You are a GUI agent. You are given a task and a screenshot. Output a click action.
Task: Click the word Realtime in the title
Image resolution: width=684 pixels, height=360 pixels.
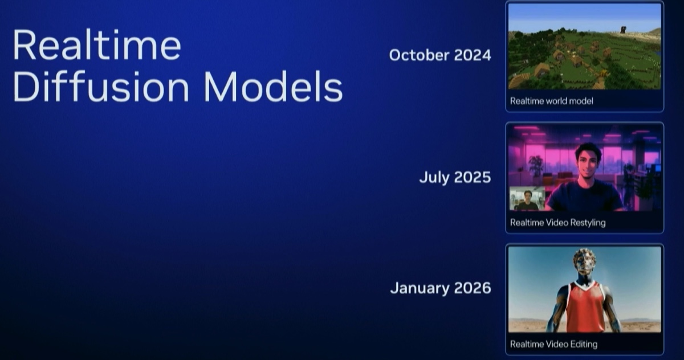pos(97,45)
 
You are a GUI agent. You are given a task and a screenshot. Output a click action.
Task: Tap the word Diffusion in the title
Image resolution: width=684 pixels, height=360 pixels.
pos(101,87)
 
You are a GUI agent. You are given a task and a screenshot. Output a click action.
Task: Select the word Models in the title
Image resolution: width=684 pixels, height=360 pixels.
pos(273,87)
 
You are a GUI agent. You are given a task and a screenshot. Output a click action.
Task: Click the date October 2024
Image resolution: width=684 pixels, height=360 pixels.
pos(440,55)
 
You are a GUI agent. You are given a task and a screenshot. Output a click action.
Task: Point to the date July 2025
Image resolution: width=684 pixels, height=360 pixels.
pos(455,177)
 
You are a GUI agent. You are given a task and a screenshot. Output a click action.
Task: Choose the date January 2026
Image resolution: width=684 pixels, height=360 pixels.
pos(441,288)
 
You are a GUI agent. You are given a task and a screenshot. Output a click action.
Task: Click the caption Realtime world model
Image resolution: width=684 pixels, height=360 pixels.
pos(552,101)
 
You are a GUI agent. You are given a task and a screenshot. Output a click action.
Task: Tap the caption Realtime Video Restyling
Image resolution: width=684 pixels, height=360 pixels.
pos(557,223)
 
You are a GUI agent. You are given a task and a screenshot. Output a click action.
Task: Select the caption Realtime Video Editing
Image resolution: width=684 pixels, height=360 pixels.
pos(553,345)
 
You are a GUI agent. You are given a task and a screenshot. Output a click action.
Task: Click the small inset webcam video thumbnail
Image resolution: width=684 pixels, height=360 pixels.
pos(527,199)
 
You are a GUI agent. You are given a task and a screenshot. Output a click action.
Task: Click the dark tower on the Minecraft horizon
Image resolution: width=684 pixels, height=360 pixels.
pos(623,30)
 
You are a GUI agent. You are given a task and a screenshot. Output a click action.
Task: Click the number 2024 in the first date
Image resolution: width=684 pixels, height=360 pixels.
pos(473,55)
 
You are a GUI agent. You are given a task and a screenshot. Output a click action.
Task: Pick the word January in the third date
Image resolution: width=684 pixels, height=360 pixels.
pos(419,288)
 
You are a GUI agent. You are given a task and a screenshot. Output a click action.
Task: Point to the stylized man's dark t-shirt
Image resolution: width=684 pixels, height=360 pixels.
pos(584,197)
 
